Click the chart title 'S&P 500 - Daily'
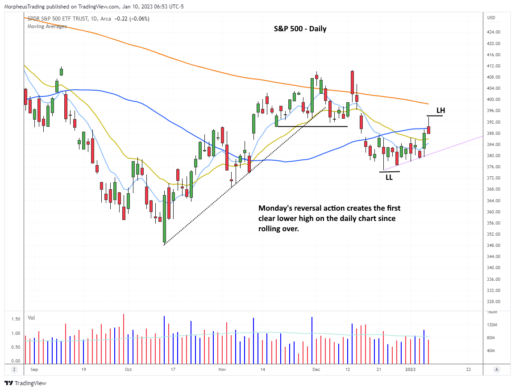click(300, 29)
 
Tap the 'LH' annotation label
click(440, 110)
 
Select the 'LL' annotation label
click(389, 177)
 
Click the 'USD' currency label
click(491, 18)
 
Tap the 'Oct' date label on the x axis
click(128, 370)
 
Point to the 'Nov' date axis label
click(222, 370)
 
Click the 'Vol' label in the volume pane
click(31, 318)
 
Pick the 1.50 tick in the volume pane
click(15, 319)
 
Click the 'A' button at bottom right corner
click(497, 370)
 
